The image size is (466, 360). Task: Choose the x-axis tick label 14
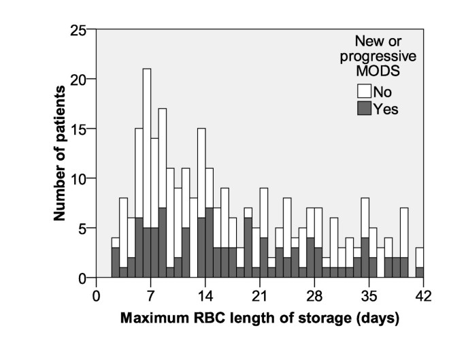[201, 295]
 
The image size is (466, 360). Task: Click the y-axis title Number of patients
[60, 154]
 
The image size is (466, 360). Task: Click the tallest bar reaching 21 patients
[146, 170]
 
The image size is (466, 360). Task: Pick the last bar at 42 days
[420, 262]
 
